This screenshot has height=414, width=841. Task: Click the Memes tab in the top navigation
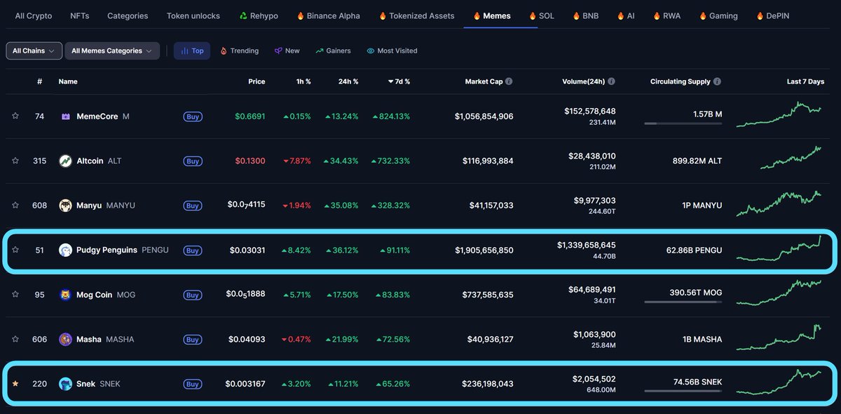coord(496,15)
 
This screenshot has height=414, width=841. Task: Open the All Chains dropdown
coord(33,51)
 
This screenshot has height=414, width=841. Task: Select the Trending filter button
coord(239,51)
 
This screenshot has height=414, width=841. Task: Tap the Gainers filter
coord(333,51)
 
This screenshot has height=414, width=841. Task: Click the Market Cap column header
coord(484,81)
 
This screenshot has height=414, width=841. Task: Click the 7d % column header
coord(399,81)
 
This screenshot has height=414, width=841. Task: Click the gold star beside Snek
coord(15,384)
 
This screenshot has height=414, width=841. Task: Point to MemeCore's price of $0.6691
coord(249,116)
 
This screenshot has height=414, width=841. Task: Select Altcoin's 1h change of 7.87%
coord(296,161)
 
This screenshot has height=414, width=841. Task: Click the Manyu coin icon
coord(66,206)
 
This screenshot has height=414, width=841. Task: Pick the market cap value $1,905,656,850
coord(484,251)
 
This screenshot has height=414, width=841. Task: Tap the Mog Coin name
coord(94,295)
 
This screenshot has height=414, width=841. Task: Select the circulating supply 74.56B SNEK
coord(697,382)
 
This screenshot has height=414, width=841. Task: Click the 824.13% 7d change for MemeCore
coord(391,116)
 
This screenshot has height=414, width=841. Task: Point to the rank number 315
coord(39,161)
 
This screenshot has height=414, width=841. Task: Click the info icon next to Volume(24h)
coord(611,81)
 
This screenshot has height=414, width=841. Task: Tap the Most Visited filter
coord(392,51)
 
